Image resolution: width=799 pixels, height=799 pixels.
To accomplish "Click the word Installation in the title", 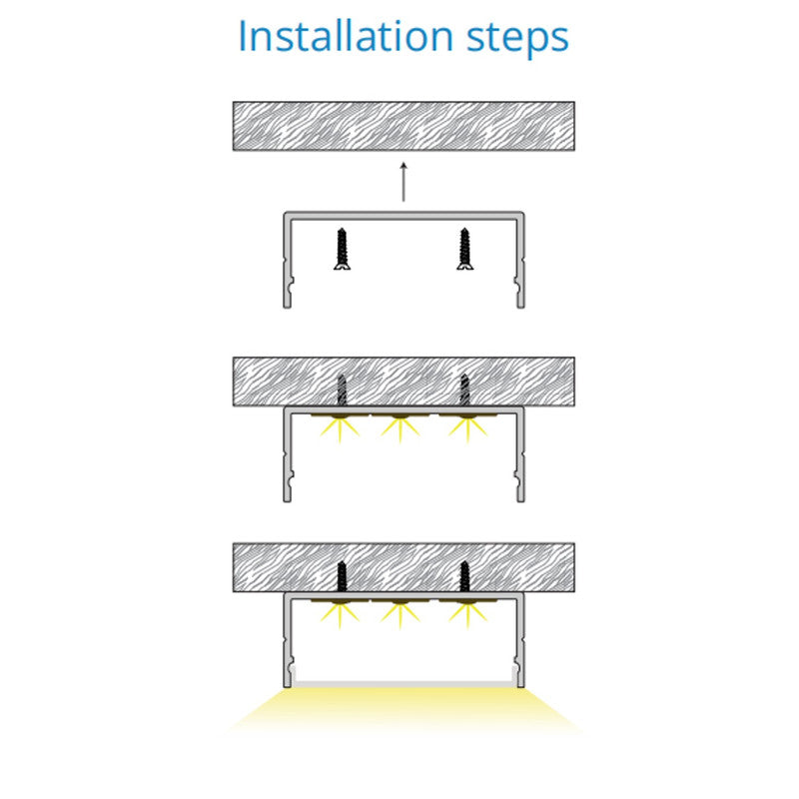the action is (x=346, y=36).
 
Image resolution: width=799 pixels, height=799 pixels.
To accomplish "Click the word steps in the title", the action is (x=517, y=38).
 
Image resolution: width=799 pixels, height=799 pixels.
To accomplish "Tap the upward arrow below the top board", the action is (x=403, y=182).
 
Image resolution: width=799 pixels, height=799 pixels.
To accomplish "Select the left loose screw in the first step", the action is (x=342, y=249).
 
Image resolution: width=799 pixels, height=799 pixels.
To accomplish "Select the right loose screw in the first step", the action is (x=464, y=249).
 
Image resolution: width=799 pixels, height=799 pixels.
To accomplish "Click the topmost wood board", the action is (x=403, y=126).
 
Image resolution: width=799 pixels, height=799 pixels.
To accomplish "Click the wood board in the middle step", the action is (x=403, y=382).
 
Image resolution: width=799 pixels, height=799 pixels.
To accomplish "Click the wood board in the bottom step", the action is (x=403, y=567).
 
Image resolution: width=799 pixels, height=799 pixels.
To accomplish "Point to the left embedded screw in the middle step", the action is (x=342, y=391).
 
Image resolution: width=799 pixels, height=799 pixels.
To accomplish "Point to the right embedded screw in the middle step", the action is (x=464, y=391).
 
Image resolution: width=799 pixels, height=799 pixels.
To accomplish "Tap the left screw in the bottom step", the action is (x=342, y=576).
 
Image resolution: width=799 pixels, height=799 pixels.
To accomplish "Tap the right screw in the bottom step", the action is (x=464, y=576).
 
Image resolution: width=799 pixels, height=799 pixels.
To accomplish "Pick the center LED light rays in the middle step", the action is (x=400, y=429).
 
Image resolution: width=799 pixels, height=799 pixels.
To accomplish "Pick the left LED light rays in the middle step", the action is (x=340, y=429).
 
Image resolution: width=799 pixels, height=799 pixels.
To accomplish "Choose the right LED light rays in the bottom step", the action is (x=467, y=615).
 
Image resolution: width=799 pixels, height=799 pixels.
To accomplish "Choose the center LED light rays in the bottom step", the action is (x=400, y=615).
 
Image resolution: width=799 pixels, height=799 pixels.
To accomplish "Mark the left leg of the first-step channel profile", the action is (x=288, y=260).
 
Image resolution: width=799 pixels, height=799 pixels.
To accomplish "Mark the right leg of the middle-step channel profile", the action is (x=520, y=454).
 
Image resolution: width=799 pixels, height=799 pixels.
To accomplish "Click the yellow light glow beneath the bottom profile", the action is (x=403, y=709).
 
